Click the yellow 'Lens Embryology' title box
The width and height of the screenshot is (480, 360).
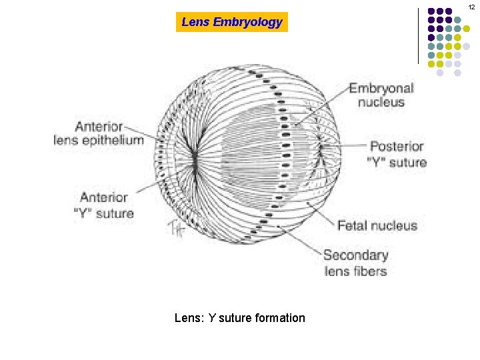click(x=232, y=22)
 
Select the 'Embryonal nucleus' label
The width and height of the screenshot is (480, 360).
click(x=381, y=95)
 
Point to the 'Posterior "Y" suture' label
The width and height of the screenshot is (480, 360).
click(x=398, y=154)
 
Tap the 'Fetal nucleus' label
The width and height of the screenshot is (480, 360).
click(x=377, y=225)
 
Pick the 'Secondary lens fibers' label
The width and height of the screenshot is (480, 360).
click(x=355, y=263)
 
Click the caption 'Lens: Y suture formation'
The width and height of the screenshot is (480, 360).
click(x=239, y=318)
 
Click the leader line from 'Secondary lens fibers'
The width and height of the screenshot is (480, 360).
click(x=300, y=241)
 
